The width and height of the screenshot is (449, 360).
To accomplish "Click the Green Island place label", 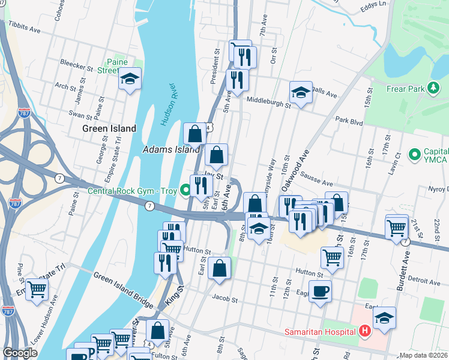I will click(109, 128).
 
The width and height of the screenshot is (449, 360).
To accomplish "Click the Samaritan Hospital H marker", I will click(364, 331).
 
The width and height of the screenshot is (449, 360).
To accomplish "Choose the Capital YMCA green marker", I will click(414, 155).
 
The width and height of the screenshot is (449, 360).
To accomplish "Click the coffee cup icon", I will click(320, 291).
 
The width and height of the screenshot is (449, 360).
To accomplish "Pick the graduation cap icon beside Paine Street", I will click(130, 79).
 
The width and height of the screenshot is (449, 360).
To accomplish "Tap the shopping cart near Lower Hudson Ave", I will click(37, 289).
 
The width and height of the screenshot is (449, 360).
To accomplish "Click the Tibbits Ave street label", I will click(24, 27).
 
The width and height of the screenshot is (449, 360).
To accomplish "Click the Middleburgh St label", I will click(268, 102).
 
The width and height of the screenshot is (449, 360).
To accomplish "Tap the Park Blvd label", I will click(349, 121).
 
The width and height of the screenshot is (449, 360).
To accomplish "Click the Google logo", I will click(20, 353).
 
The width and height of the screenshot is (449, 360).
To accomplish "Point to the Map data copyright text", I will click(421, 355).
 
